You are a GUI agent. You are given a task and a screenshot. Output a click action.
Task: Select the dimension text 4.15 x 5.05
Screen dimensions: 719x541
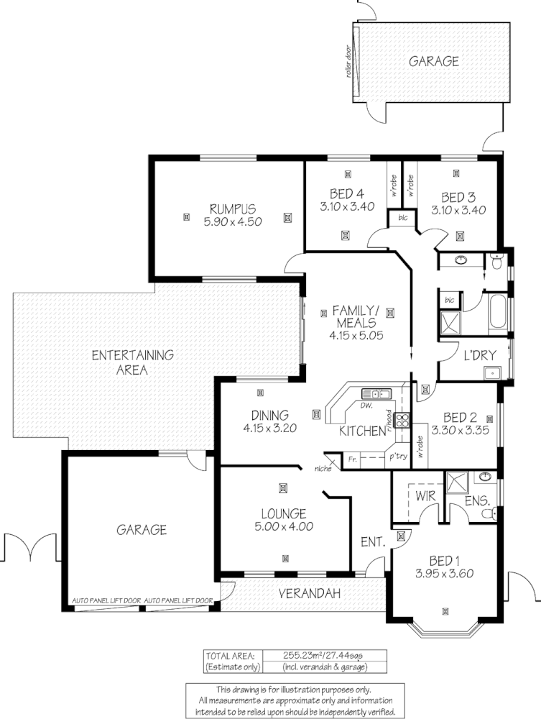[x=354, y=336]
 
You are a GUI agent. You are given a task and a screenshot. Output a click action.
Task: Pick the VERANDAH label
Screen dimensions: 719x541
[x=310, y=594]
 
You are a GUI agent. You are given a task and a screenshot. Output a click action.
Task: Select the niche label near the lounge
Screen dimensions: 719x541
[x=321, y=470]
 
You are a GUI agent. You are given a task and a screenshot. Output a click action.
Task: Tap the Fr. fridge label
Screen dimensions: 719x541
[x=353, y=458]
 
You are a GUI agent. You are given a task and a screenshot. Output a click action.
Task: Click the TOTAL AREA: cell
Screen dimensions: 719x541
[x=230, y=656]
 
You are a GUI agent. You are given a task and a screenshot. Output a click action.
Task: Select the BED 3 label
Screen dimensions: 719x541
[x=459, y=197]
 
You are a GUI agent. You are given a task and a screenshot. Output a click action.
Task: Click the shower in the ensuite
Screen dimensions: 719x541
[x=456, y=482]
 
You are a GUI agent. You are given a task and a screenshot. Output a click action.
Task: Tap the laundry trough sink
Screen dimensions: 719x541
[x=492, y=372]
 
